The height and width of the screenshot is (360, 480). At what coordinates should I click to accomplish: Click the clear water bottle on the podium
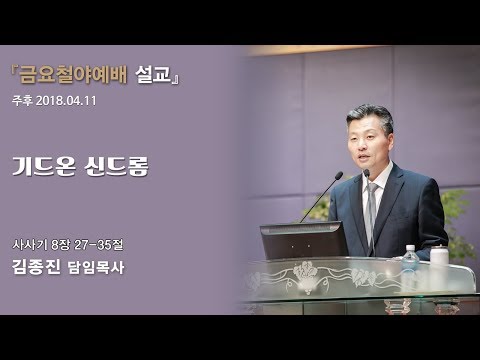(x=410, y=264)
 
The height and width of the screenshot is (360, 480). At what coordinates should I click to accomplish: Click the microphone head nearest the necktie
(x=366, y=173)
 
